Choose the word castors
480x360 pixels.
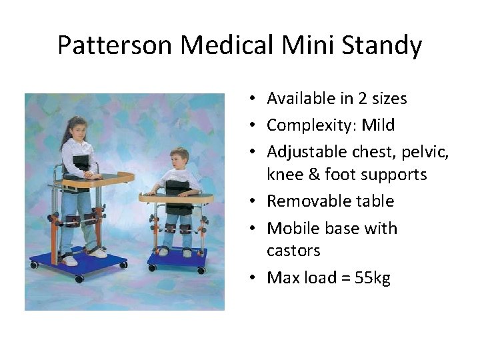(x=293, y=251)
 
